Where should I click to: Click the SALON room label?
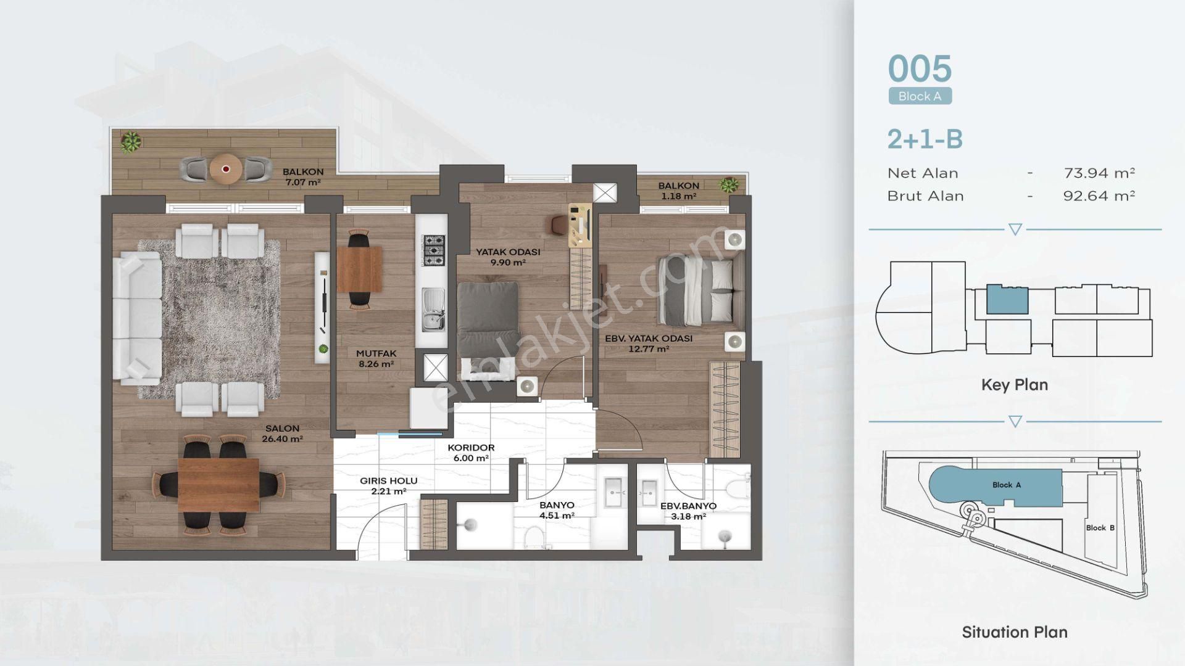(x=282, y=428)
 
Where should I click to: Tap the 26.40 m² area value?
(x=282, y=439)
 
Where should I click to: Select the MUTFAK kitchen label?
(x=376, y=353)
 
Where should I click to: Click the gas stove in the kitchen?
(x=433, y=250)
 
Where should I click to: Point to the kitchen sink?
(x=433, y=310)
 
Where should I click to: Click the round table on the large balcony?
(x=225, y=168)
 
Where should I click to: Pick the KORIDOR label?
(x=471, y=448)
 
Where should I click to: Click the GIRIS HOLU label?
(x=389, y=481)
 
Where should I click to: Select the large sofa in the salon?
(x=137, y=318)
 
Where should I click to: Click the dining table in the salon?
(x=218, y=484)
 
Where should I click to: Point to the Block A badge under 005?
(x=920, y=96)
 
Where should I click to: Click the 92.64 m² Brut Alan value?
(x=1099, y=196)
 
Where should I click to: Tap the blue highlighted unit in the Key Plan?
(x=1007, y=300)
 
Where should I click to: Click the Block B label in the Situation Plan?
(x=1100, y=528)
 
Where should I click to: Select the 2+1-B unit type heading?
(x=925, y=139)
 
